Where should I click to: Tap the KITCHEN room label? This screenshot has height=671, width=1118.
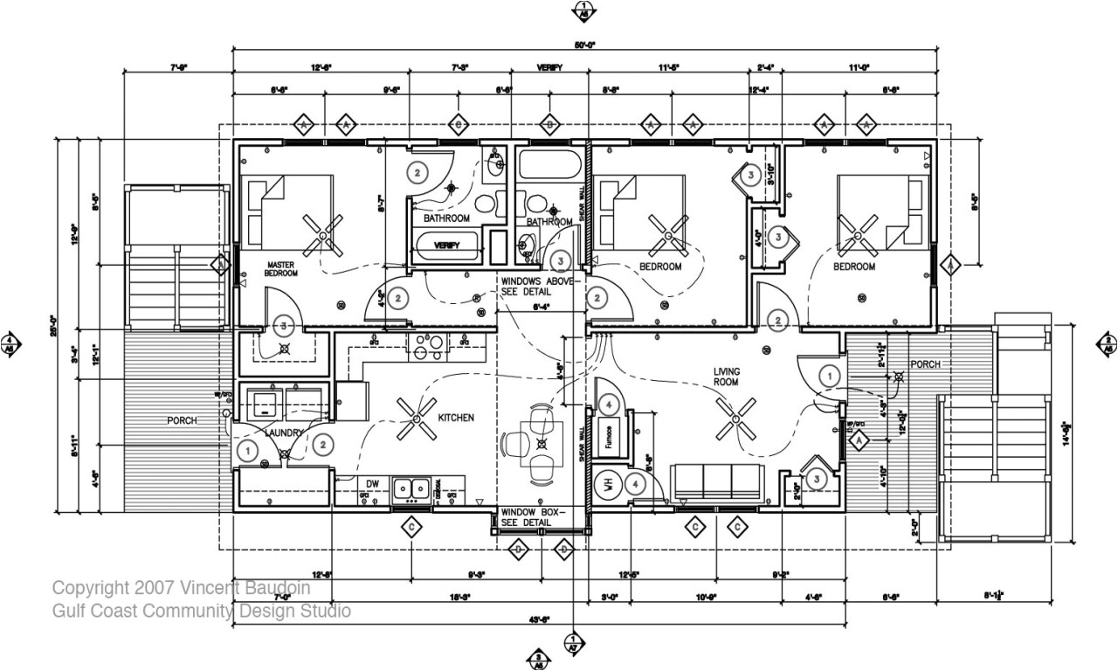tap(456, 419)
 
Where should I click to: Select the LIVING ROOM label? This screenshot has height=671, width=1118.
tap(726, 377)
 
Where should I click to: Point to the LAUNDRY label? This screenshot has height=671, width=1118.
tap(286, 432)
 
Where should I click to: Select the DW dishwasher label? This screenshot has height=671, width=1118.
tap(372, 483)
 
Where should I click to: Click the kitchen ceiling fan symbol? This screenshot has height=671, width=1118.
tap(415, 418)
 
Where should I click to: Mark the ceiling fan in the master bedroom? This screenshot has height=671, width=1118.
tap(323, 235)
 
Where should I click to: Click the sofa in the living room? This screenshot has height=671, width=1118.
tap(716, 481)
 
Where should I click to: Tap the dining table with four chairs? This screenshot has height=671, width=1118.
tap(541, 442)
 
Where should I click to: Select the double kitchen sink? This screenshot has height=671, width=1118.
tap(411, 487)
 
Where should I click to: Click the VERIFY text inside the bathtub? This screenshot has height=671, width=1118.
tap(446, 246)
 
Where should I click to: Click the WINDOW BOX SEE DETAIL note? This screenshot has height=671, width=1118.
tap(533, 517)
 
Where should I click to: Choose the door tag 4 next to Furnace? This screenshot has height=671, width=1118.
tap(610, 405)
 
